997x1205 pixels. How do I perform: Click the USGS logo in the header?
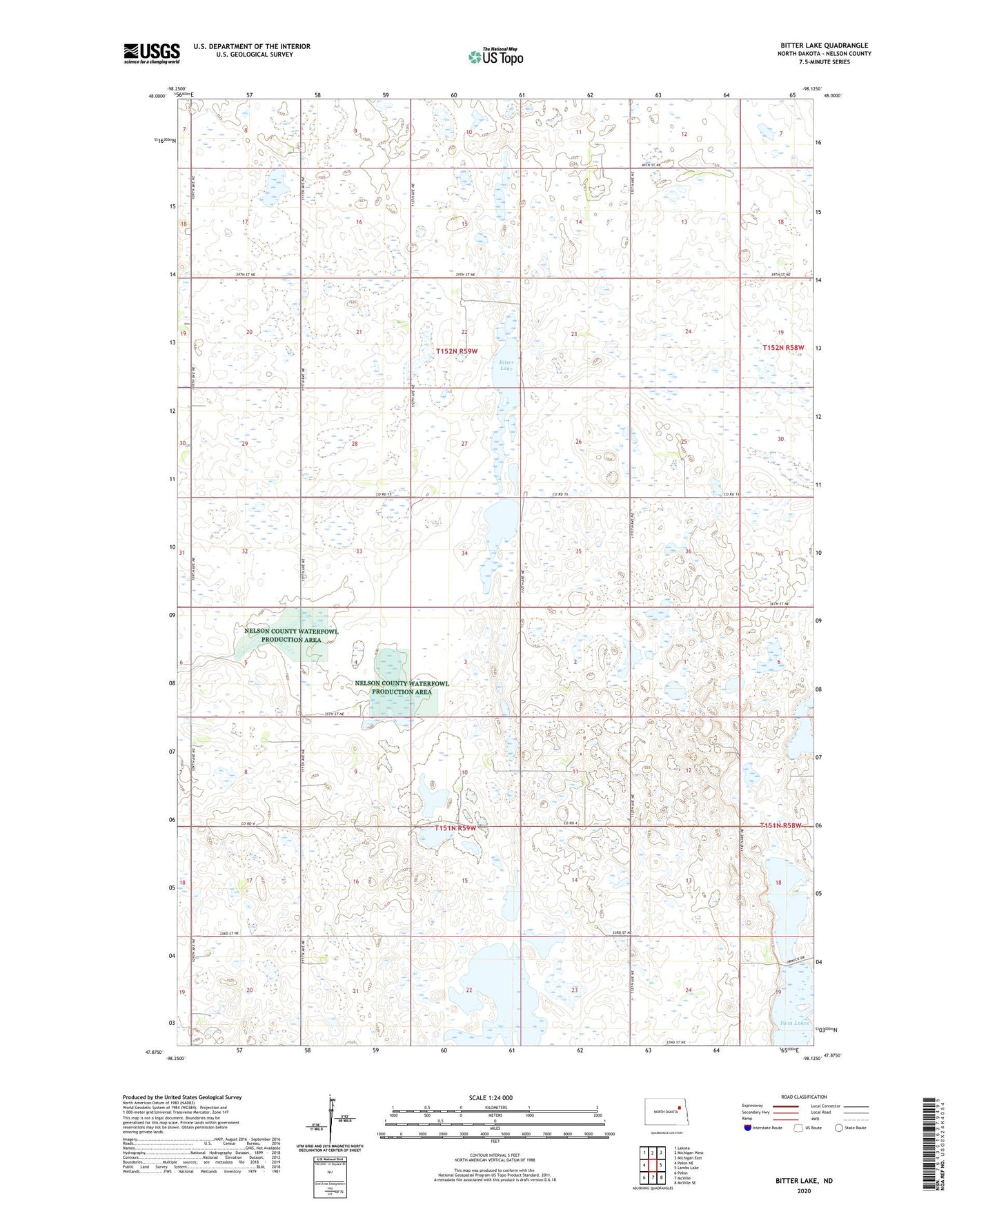152,53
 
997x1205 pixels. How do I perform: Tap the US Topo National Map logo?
495,57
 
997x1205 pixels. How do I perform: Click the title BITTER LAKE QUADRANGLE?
823,46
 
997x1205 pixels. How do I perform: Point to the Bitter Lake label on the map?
506,365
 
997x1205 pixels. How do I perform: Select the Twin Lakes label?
794,1023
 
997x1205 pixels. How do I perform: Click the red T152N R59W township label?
456,351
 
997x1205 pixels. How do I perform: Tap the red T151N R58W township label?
781,825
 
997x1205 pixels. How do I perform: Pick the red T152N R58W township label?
783,348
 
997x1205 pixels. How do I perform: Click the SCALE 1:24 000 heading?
491,1097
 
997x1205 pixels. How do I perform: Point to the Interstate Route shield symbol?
748,1128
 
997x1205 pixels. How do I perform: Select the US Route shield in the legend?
800,1128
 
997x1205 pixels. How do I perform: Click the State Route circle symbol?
839,1128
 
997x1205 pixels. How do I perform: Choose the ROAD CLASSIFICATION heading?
804,1097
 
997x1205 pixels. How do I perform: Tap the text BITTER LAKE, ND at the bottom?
804,1181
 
